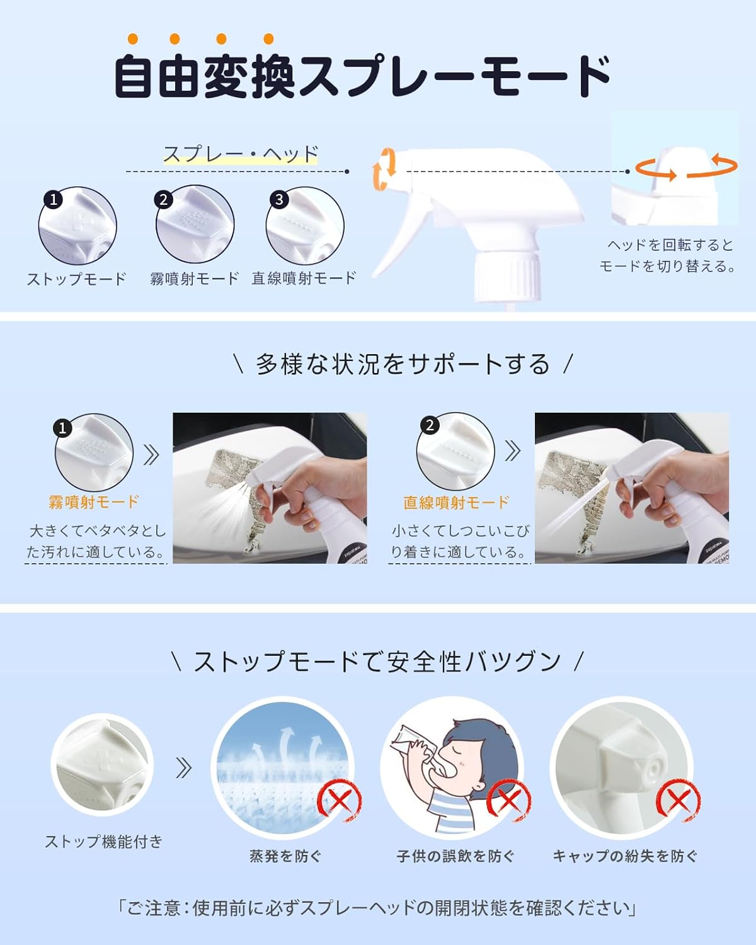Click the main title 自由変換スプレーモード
[x=362, y=76]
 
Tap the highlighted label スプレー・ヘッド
[x=241, y=154]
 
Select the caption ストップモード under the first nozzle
[x=77, y=279]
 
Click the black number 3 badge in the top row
[x=279, y=200]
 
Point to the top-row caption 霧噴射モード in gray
[x=195, y=278]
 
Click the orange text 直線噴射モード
[x=456, y=502]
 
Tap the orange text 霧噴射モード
[x=94, y=501]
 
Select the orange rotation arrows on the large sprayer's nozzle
[x=384, y=169]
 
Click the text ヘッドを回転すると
[x=670, y=245]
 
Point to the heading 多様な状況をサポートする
[x=403, y=365]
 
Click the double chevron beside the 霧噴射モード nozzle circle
[x=151, y=455]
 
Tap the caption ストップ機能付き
[x=104, y=842]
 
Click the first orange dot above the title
[x=133, y=39]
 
